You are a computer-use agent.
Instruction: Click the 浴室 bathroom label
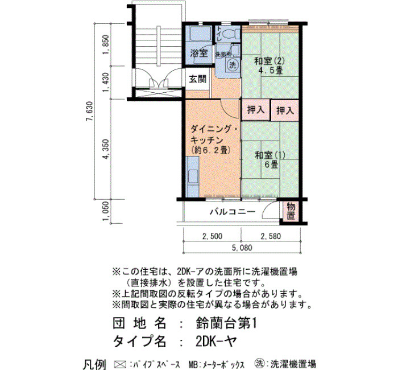tap(199, 54)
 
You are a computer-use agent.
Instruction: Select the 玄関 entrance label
tap(198, 79)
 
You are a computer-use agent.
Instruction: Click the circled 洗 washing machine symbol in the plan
tap(233, 64)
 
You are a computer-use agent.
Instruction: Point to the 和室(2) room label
tap(270, 61)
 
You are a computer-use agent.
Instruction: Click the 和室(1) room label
tap(270, 155)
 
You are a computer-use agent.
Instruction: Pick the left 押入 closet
tap(255, 110)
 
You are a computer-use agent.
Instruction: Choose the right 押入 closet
tap(285, 110)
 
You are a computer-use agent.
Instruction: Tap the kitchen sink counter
tap(193, 177)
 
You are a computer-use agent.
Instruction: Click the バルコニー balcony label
tap(232, 212)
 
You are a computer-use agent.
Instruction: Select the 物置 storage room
tap(291, 211)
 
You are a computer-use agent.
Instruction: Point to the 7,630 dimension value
tap(90, 112)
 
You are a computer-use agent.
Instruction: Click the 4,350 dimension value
tap(106, 149)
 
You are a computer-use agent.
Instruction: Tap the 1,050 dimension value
tap(106, 211)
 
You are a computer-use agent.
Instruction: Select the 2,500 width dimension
tap(213, 236)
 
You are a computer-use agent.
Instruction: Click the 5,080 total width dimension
tap(242, 248)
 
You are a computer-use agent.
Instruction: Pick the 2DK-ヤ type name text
tap(216, 341)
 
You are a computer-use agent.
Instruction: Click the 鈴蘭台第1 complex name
tap(226, 324)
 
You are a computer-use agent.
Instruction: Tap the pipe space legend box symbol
tap(120, 364)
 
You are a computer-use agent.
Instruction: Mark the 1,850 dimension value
tap(106, 44)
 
